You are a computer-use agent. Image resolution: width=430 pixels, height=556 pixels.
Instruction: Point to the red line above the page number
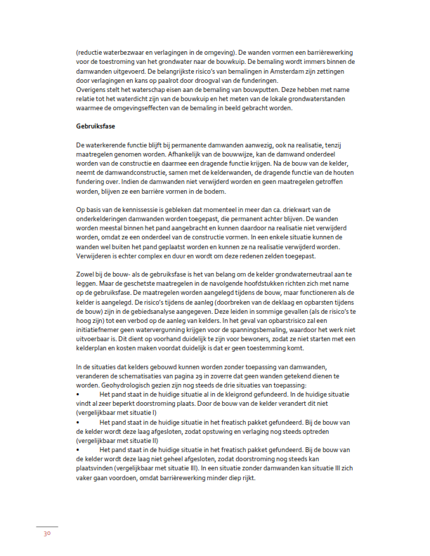coord(46,527)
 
